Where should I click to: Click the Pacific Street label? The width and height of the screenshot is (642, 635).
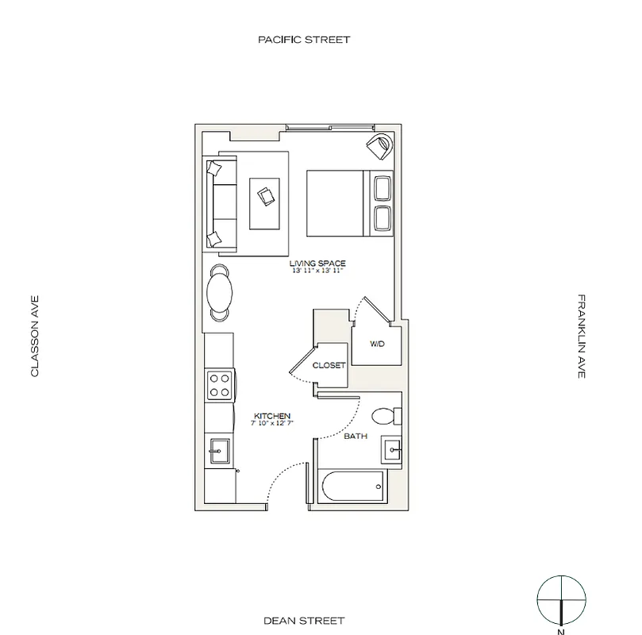[x=303, y=39]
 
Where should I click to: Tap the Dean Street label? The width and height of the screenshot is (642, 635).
[x=303, y=620]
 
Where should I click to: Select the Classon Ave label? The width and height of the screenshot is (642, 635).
[x=35, y=336]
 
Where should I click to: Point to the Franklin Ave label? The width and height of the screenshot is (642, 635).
[x=581, y=336]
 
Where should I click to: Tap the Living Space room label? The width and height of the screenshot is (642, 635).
[x=317, y=263]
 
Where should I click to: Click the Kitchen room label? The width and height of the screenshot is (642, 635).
[x=272, y=416]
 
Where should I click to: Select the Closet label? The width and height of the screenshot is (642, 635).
[x=329, y=365]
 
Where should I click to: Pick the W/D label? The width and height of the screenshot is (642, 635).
[x=378, y=344]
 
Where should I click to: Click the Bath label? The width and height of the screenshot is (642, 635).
[x=354, y=436]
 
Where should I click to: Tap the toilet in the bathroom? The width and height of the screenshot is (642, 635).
[x=386, y=415]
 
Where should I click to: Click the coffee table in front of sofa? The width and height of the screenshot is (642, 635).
[x=264, y=193]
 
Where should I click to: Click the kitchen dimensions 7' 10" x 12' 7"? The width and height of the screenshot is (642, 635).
[x=272, y=424]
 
